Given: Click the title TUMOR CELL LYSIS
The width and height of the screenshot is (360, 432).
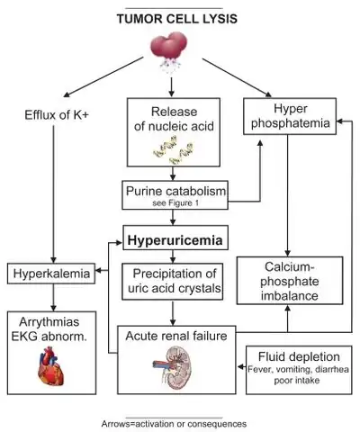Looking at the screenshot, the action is pyautogui.click(x=177, y=19).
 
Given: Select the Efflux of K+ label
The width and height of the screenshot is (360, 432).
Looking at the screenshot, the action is pyautogui.click(x=57, y=115).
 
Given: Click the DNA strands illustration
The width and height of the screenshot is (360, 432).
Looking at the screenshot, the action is pyautogui.click(x=173, y=149).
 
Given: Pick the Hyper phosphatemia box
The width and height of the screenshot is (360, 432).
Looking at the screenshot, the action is pyautogui.click(x=290, y=116).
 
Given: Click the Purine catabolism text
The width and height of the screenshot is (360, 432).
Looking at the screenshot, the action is pyautogui.click(x=175, y=191).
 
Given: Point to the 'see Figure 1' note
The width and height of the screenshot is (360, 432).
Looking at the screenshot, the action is pyautogui.click(x=175, y=203).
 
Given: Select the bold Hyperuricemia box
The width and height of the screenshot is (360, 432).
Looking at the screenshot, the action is pyautogui.click(x=175, y=238).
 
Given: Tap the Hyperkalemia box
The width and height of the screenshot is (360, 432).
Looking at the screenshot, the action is pyautogui.click(x=51, y=274).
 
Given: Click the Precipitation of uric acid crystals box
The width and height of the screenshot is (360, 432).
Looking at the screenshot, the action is pyautogui.click(x=173, y=282).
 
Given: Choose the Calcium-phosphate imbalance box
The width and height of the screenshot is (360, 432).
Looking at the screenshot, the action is pyautogui.click(x=290, y=281).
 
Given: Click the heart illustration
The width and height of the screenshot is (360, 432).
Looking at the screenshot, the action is pyautogui.click(x=51, y=366).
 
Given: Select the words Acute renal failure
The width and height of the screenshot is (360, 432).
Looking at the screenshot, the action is pyautogui.click(x=176, y=336).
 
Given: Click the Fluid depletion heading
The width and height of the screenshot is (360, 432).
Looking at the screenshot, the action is pyautogui.click(x=299, y=356).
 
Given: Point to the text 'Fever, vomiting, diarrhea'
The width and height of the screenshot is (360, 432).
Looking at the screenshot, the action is pyautogui.click(x=299, y=369).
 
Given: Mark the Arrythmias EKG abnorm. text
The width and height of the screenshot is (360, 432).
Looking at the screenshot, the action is pyautogui.click(x=49, y=329).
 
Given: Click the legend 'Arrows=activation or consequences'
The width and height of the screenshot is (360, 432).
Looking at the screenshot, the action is pyautogui.click(x=174, y=424).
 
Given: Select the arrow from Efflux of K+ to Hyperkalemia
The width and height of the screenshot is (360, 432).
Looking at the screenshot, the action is pyautogui.click(x=54, y=194).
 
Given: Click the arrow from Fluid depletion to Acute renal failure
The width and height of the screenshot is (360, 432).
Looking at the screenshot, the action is pyautogui.click(x=242, y=366).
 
